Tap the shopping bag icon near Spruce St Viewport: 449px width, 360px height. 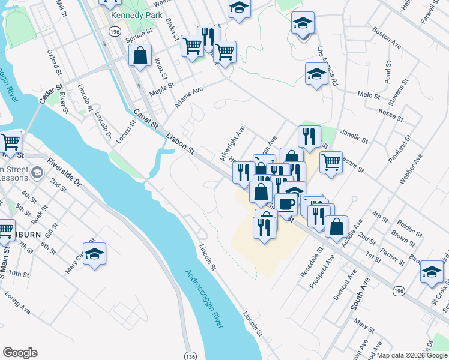[140, 56]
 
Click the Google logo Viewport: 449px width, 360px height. [20, 353]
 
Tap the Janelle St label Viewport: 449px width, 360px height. [354, 136]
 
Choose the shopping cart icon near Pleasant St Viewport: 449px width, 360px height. [331, 161]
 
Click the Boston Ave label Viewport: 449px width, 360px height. [387, 37]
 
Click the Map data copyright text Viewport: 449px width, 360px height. [412, 355]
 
